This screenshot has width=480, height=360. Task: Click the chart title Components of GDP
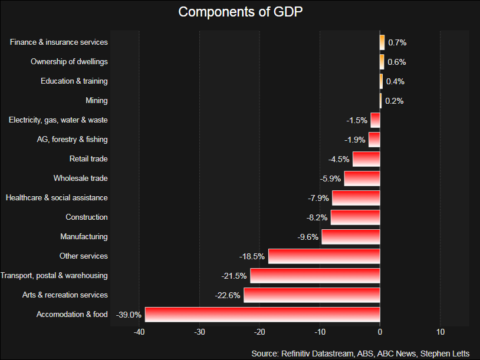click(x=240, y=12)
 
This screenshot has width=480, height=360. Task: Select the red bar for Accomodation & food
click(x=262, y=314)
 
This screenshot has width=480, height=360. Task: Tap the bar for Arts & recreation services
click(x=312, y=295)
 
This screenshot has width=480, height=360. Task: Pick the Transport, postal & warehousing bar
click(x=315, y=275)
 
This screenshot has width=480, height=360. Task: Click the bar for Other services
click(x=324, y=256)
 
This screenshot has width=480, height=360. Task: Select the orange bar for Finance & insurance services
click(x=382, y=42)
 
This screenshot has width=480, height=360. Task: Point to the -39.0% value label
click(x=129, y=315)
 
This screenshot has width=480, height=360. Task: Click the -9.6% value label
click(x=308, y=237)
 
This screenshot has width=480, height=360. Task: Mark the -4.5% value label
click(x=339, y=159)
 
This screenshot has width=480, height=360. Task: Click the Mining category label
click(x=96, y=101)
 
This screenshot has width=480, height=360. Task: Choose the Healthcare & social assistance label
click(x=57, y=198)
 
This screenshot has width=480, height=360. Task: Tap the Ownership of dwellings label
click(x=69, y=62)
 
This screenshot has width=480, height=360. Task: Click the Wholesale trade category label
click(x=80, y=179)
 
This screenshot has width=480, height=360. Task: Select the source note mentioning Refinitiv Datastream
click(x=360, y=353)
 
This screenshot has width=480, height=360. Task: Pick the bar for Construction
click(x=355, y=217)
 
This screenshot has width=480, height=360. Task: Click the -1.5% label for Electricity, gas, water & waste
click(x=357, y=120)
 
